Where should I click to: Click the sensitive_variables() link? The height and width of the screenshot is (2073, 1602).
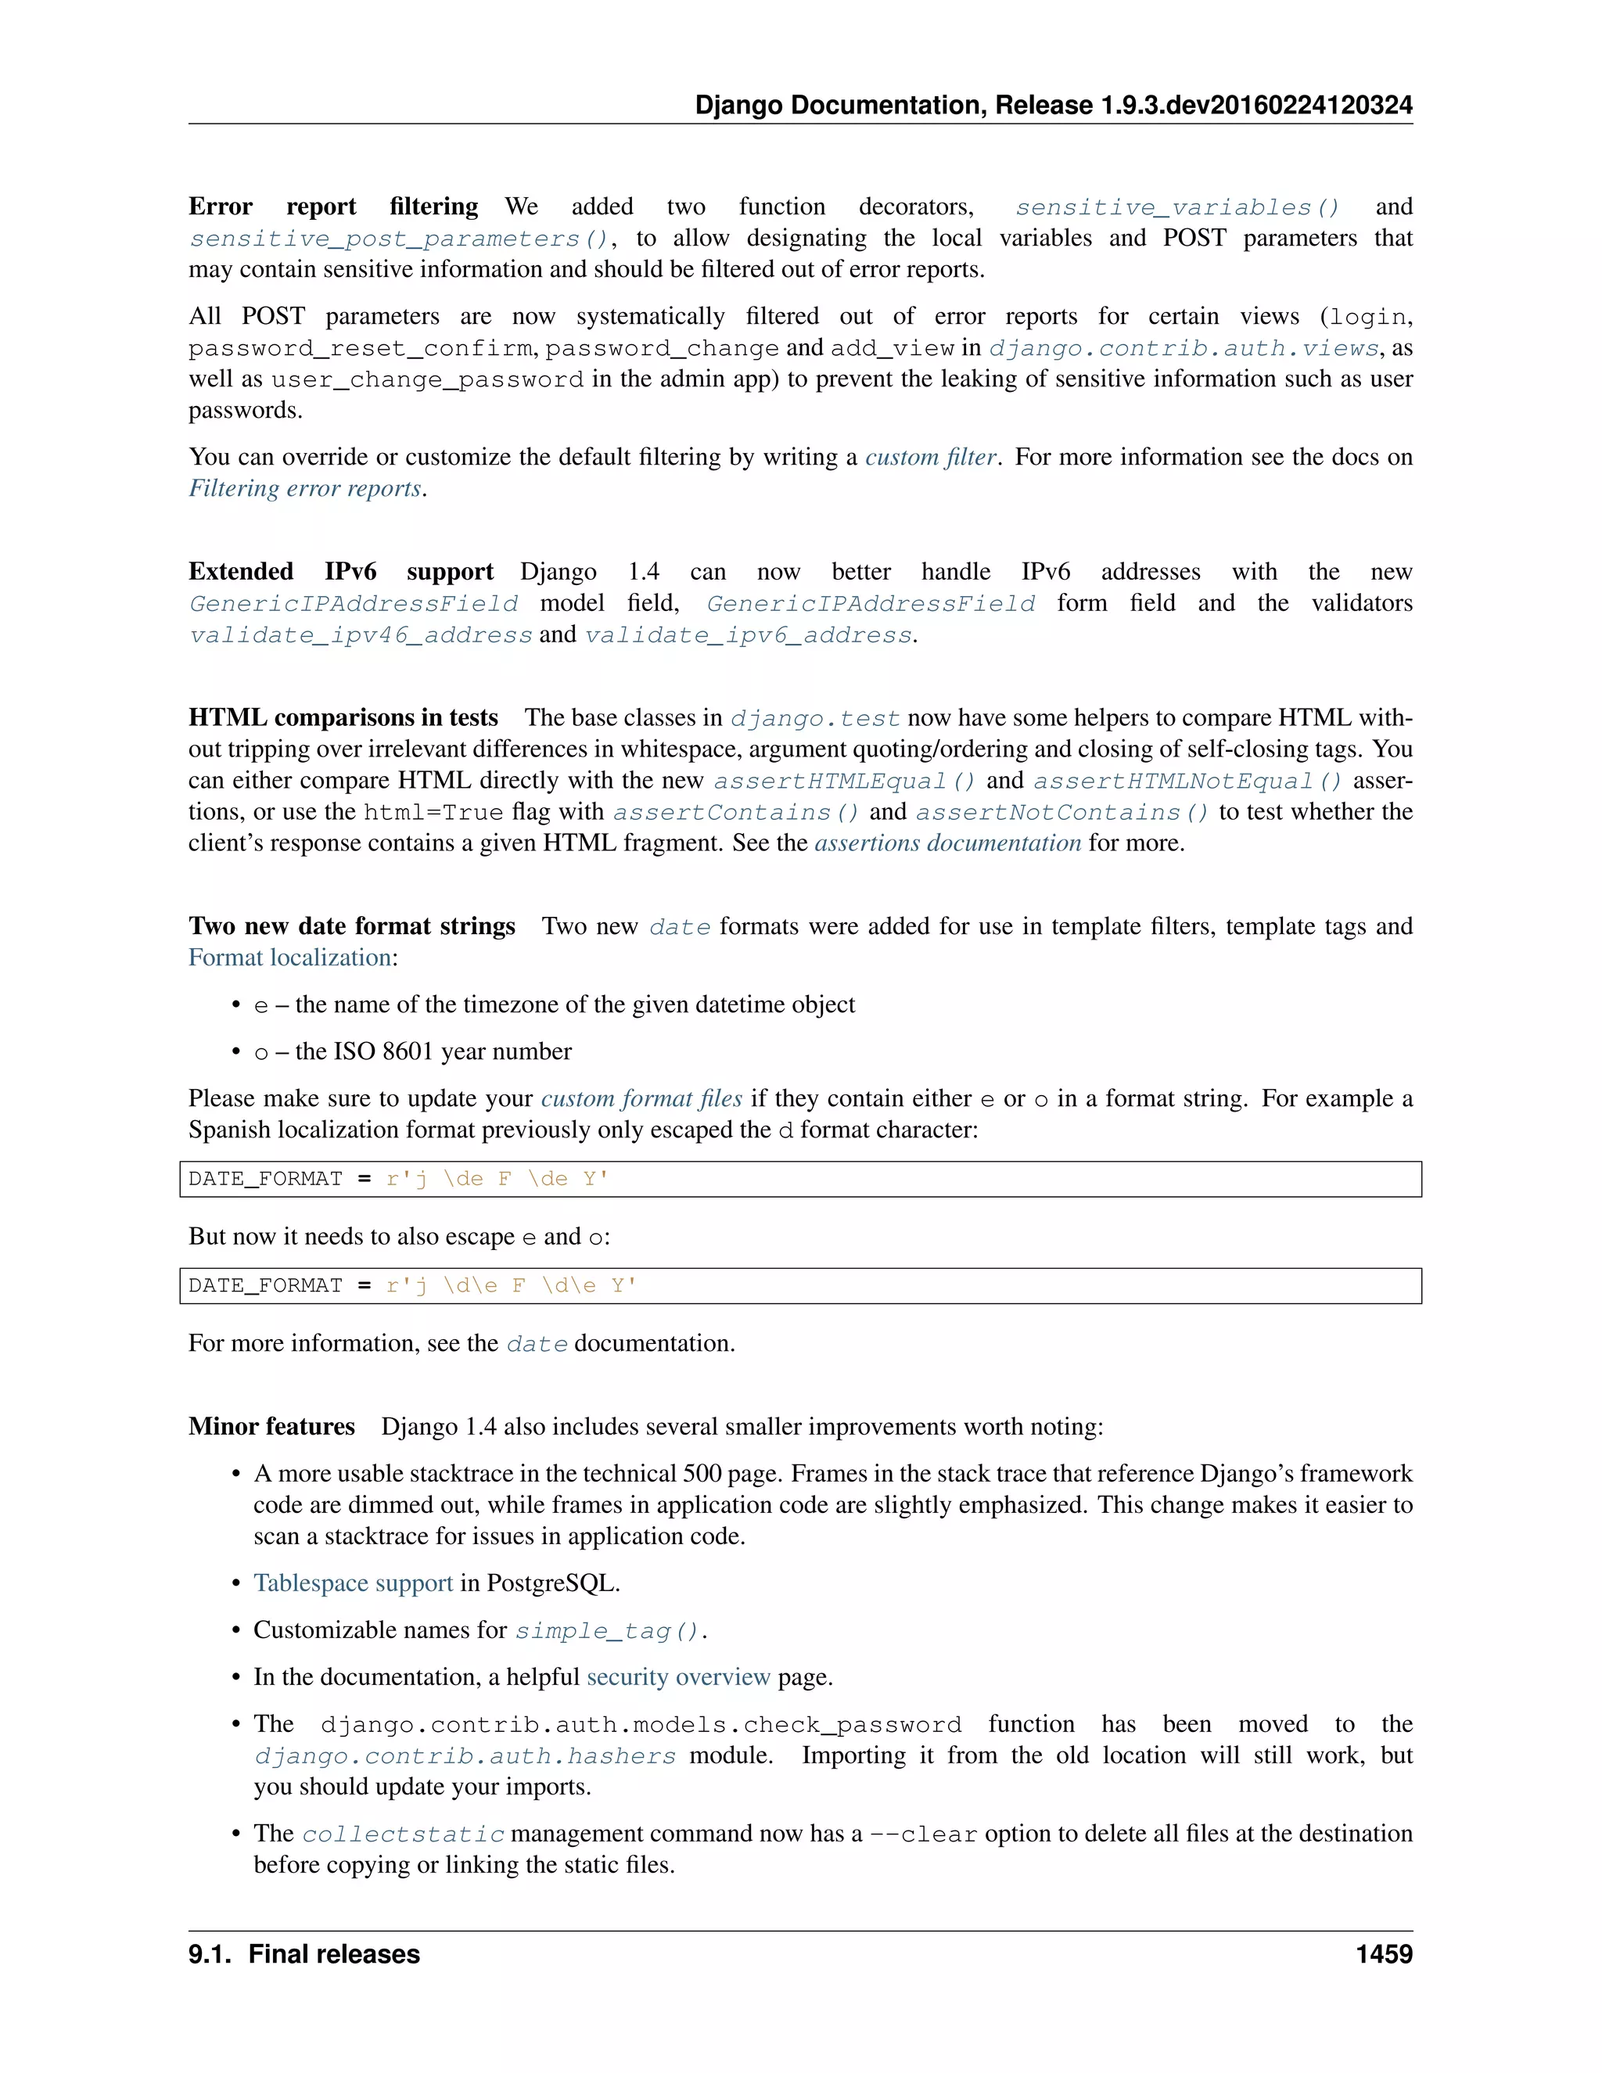[1176, 207]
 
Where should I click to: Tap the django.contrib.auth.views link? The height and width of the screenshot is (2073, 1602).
[1184, 348]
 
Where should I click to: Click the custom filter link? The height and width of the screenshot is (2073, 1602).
[930, 458]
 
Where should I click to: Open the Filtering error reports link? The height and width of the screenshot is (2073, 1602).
[306, 489]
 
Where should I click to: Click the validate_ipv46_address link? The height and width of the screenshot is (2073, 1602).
[361, 635]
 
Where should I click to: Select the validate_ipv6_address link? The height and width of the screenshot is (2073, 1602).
[749, 635]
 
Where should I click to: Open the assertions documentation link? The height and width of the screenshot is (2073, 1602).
[947, 842]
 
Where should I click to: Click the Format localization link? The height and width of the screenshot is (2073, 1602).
[289, 957]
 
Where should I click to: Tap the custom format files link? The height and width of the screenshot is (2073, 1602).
[641, 1099]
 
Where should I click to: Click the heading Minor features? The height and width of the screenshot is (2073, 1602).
[271, 1427]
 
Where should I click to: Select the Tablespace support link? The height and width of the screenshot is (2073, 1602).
[353, 1583]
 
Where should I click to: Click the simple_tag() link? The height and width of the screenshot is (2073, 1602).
[607, 1631]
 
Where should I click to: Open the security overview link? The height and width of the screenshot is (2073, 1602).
[677, 1677]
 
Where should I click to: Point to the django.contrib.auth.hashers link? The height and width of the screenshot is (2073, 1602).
[465, 1756]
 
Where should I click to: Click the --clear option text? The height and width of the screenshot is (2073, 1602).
[924, 1834]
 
